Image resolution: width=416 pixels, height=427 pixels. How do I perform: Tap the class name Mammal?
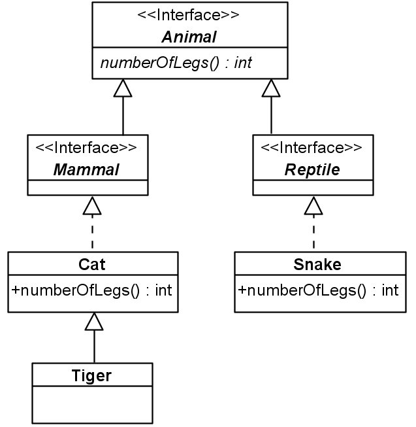tap(86, 169)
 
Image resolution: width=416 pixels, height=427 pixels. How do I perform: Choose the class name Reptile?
tap(312, 169)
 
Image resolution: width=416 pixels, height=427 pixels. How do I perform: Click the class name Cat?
tap(92, 264)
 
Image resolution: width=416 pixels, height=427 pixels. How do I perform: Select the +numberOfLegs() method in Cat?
tap(92, 290)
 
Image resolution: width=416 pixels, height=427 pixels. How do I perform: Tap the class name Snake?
tap(318, 264)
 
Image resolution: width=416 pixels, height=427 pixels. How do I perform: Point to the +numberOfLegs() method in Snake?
tap(318, 290)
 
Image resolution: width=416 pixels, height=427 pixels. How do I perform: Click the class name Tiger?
tap(92, 375)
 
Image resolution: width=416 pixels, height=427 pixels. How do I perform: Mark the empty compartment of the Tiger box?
tap(92, 403)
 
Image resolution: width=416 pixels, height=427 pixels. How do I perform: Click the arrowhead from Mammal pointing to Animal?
tap(123, 88)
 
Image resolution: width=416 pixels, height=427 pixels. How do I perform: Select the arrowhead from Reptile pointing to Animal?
tap(271, 88)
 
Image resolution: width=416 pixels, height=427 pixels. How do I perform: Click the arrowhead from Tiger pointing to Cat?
tap(95, 322)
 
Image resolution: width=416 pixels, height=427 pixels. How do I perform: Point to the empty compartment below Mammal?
tap(86, 188)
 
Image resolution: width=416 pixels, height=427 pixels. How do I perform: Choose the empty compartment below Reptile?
tap(312, 188)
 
